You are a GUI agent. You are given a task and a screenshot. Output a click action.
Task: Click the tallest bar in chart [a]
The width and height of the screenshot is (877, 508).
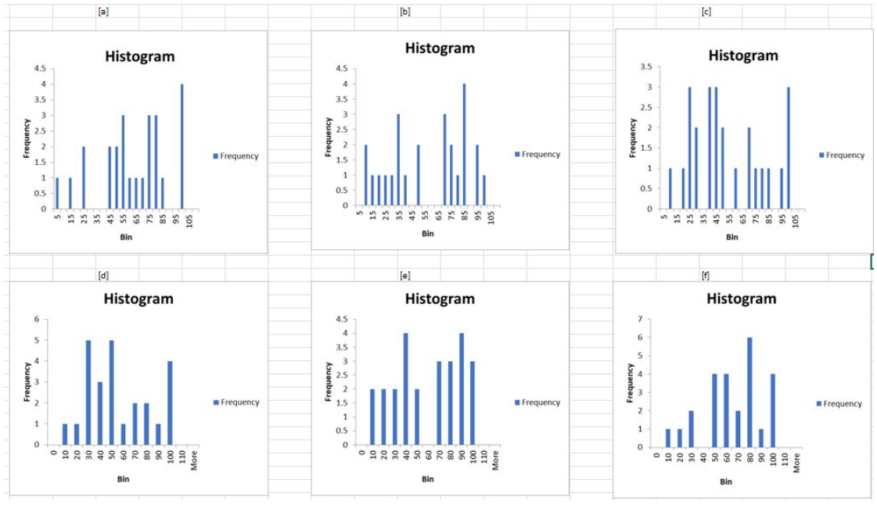[182, 146]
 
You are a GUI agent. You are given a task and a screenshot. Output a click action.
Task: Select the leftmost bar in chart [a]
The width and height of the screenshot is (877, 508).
[57, 193]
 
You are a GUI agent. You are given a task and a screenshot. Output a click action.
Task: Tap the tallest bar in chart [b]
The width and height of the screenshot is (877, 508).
[464, 145]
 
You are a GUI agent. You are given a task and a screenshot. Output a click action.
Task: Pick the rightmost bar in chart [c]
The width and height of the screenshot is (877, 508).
[789, 148]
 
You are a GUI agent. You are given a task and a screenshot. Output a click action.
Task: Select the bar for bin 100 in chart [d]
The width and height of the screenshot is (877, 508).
[170, 402]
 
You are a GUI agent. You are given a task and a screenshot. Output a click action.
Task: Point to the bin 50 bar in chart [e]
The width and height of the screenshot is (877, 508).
[416, 417]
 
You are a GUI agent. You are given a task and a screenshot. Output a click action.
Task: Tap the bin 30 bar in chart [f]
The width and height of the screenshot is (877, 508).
[691, 428]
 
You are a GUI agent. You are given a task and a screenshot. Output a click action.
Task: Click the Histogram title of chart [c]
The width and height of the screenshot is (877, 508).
[743, 55]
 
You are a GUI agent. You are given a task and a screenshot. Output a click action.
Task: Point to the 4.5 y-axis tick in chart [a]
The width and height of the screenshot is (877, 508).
[39, 69]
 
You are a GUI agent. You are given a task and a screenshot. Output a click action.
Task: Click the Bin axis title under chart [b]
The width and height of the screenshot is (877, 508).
[427, 233]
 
